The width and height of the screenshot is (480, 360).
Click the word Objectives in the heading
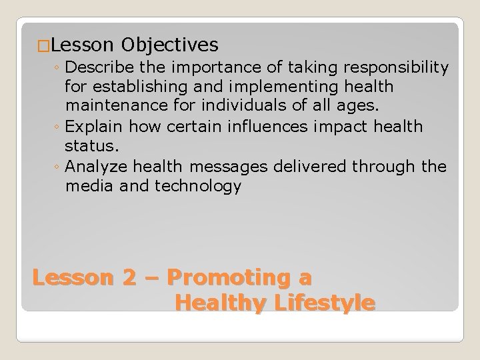(x=170, y=45)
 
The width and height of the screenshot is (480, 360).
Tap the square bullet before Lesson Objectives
(x=43, y=46)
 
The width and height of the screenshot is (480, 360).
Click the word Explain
(x=95, y=126)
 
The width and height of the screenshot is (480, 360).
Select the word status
(x=90, y=146)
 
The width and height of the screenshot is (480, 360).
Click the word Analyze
(x=97, y=166)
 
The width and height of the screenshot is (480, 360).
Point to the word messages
(x=233, y=166)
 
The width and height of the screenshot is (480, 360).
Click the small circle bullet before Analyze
(x=58, y=167)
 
